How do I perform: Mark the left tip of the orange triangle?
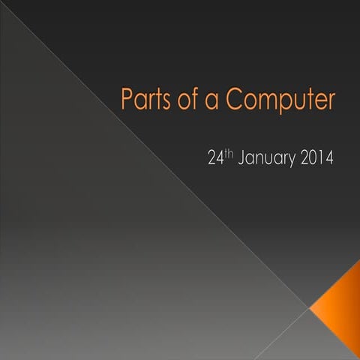[x=310, y=307]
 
